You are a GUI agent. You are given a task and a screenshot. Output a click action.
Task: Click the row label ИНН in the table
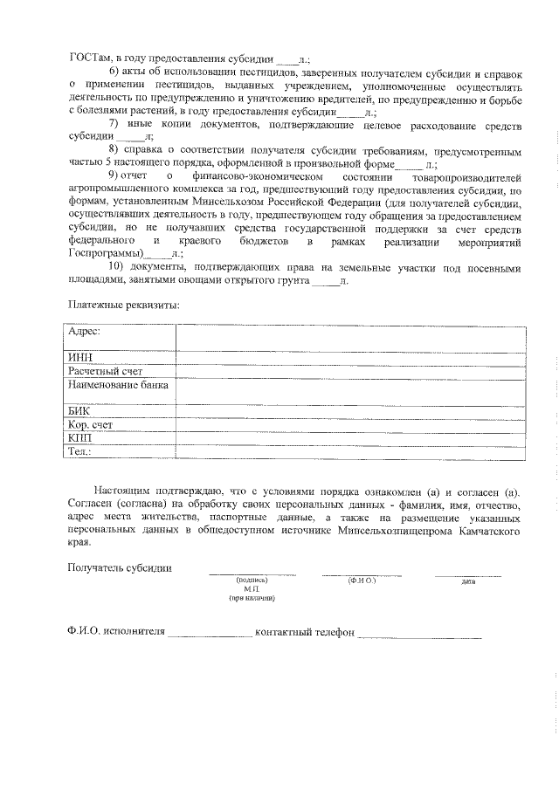click(80, 357)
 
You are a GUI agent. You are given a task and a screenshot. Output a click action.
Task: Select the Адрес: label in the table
click(85, 332)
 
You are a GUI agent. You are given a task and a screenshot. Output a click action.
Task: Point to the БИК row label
click(79, 410)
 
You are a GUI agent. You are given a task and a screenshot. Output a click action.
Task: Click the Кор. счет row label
click(91, 425)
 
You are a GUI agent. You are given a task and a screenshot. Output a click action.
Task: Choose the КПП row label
click(80, 438)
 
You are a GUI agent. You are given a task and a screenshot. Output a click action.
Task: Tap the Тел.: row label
click(79, 452)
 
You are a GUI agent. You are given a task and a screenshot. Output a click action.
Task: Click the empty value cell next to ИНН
click(349, 357)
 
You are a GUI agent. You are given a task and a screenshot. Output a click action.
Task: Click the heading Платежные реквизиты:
click(124, 305)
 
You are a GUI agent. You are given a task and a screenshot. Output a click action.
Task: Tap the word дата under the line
click(468, 581)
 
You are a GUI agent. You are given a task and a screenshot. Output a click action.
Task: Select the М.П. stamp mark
click(252, 590)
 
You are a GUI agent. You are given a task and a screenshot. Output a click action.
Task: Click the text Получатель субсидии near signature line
click(120, 568)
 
